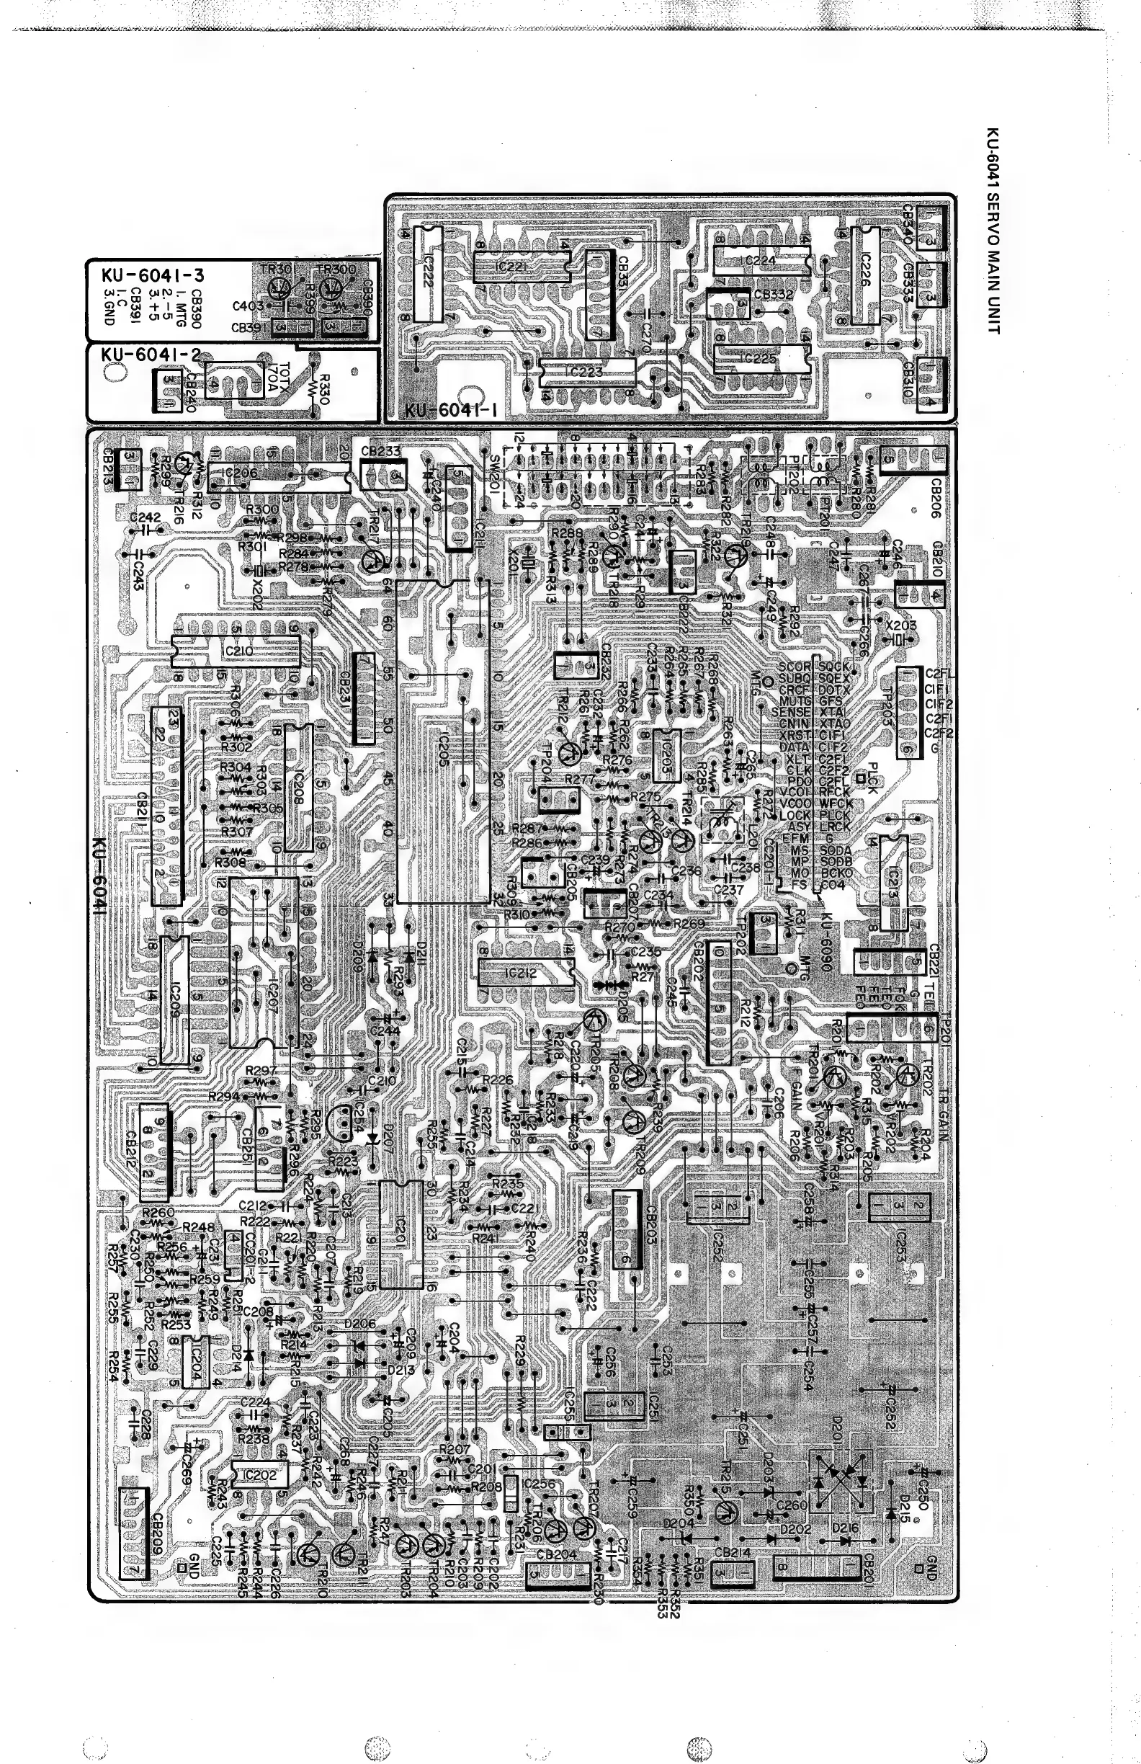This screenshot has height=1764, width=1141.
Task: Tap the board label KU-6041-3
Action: [153, 276]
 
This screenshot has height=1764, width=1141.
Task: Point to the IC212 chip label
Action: [525, 972]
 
